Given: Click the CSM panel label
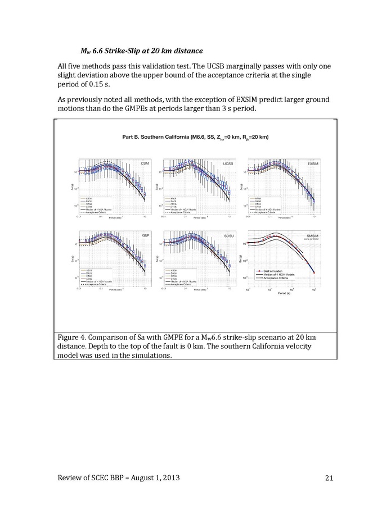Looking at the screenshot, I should tap(144, 163).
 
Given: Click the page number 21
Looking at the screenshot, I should tap(330, 477).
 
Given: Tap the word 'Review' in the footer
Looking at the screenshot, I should tap(72, 477).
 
